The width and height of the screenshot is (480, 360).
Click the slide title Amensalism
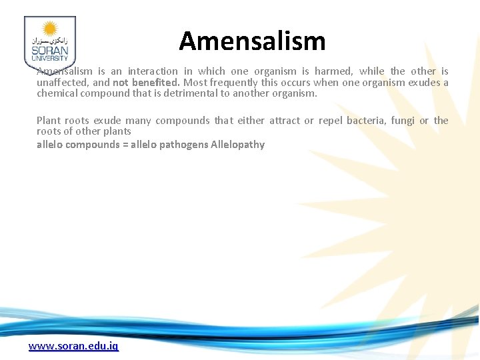point(252,41)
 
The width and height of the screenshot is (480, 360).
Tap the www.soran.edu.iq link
point(73,346)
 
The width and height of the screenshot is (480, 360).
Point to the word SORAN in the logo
point(49,51)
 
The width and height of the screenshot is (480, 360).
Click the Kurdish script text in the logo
point(49,41)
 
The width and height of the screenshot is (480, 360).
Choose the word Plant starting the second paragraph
point(49,121)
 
